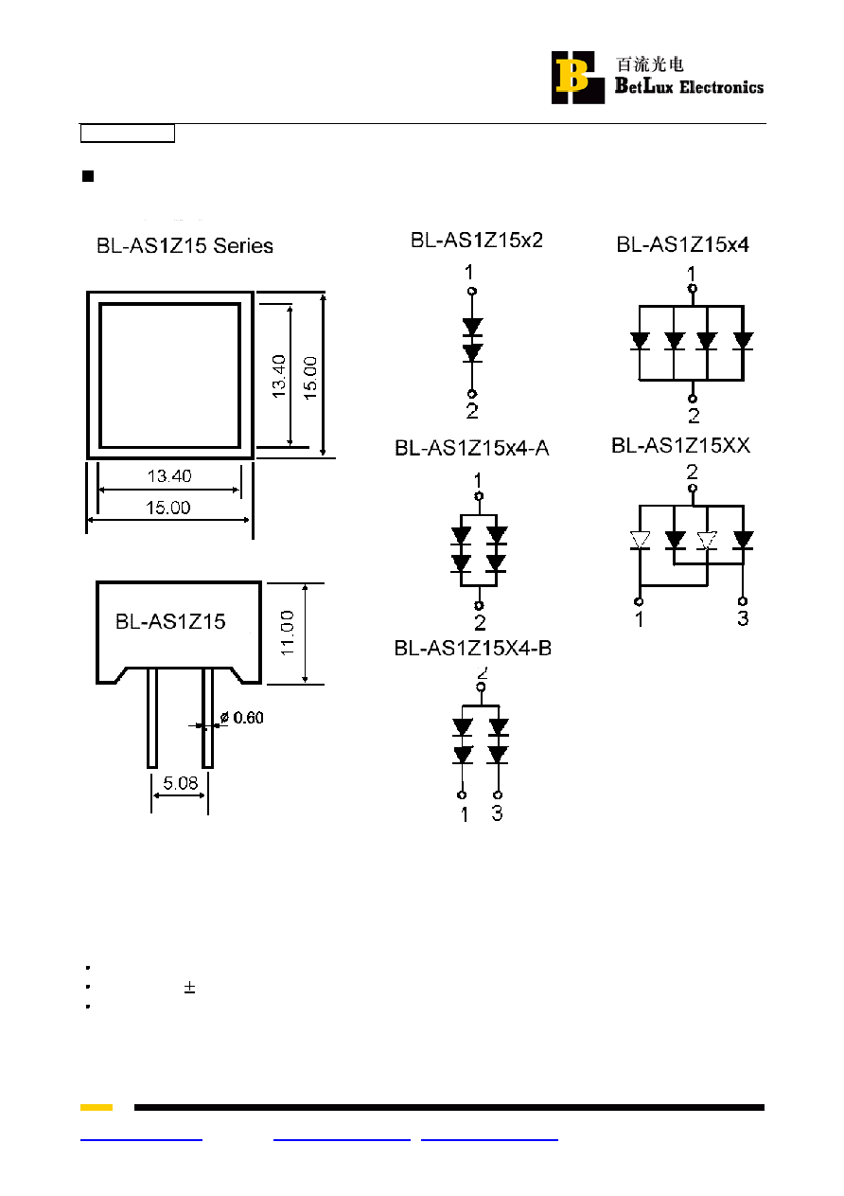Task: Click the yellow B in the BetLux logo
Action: [571, 76]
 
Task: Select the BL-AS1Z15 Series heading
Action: [185, 245]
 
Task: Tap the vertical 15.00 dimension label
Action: [310, 378]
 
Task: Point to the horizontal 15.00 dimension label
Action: [168, 508]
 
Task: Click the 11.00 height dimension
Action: [287, 633]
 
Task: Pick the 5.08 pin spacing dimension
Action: [181, 783]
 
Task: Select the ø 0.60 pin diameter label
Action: [241, 718]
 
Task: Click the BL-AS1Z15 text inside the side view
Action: [170, 621]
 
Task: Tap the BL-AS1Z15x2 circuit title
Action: [477, 241]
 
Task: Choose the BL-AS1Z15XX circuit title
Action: [680, 445]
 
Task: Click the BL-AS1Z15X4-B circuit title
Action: [473, 649]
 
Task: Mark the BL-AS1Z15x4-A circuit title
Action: [471, 448]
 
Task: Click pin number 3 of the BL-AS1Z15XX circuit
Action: [743, 618]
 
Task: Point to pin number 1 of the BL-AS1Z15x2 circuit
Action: [469, 273]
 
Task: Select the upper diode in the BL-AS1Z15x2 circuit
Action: [472, 327]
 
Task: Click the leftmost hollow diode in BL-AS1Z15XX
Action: [640, 540]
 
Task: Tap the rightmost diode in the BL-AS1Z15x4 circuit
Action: [743, 341]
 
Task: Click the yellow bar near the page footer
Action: [97, 1107]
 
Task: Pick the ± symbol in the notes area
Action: [189, 988]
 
